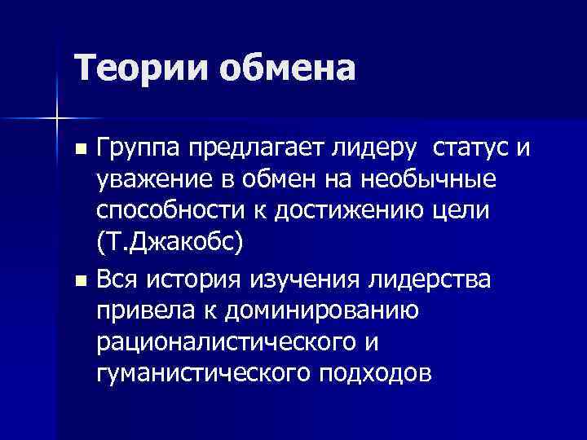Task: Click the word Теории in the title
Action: [x=139, y=68]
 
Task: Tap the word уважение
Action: [x=149, y=179]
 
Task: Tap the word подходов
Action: [x=380, y=372]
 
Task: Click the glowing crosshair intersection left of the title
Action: [x=56, y=118]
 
